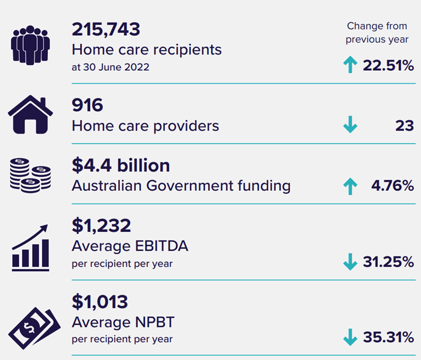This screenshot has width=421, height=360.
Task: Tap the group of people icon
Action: [x=30, y=44]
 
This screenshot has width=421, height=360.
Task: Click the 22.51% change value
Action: [x=388, y=66]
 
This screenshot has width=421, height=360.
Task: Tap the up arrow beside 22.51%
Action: [x=350, y=66]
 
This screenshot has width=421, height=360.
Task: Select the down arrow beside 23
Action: [x=350, y=125]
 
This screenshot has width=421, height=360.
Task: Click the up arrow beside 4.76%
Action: [x=350, y=186]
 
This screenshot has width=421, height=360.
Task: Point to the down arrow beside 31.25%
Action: [x=350, y=262]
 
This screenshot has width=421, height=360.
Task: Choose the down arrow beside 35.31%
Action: [x=350, y=337]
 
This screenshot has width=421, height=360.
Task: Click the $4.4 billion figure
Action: [x=120, y=166]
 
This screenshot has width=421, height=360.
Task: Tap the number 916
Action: [x=87, y=105]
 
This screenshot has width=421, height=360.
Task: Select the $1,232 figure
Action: [x=101, y=225]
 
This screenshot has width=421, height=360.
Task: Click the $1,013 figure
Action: [x=99, y=302]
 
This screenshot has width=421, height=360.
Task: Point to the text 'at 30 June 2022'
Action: [x=110, y=67]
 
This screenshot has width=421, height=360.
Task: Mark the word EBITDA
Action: [x=159, y=246]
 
